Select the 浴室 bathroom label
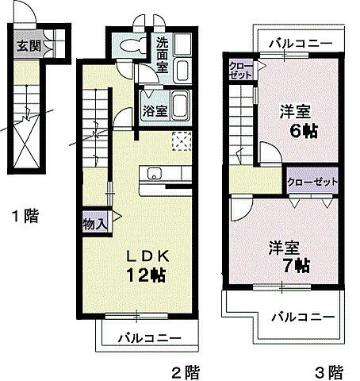(155, 111)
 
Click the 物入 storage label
(94, 224)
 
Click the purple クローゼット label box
(313, 181)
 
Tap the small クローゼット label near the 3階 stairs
(240, 69)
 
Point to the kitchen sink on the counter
(151, 174)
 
